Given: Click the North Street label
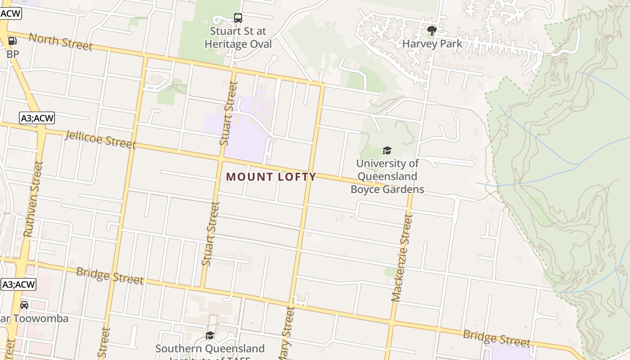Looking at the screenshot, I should (60, 41).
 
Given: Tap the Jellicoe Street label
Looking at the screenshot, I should (100, 139).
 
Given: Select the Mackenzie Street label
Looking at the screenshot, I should (402, 258).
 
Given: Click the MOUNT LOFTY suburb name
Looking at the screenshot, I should (271, 177).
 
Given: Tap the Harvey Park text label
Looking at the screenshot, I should (432, 44).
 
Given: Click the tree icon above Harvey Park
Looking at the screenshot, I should (432, 31).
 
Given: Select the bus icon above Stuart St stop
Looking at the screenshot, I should (238, 18).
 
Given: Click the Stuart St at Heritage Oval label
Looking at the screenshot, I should (238, 38).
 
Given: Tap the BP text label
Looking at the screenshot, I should (13, 54).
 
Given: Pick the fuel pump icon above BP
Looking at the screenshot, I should (13, 41).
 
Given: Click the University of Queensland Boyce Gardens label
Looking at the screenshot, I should (387, 176).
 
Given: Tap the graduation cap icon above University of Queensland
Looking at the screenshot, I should (387, 150).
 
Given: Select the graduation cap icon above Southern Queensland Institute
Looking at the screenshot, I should (210, 335).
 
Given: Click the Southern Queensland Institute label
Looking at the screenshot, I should (210, 349).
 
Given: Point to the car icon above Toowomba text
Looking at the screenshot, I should (24, 305).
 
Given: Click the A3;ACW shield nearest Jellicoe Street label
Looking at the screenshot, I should (37, 118).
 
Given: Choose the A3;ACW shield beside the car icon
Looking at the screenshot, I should (18, 284).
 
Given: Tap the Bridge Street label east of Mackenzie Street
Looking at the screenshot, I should (496, 338).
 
